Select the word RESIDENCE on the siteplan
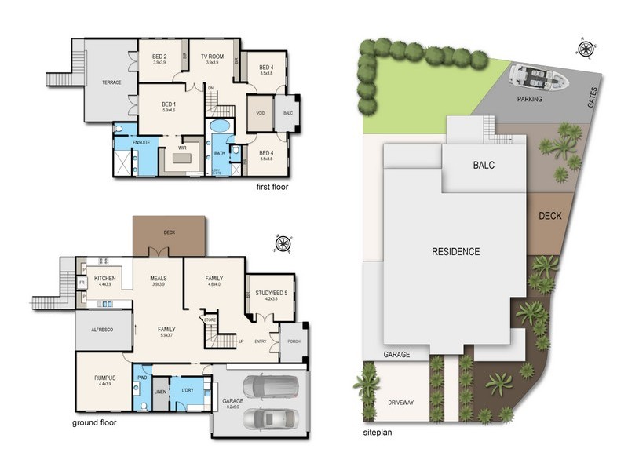pos(455,252)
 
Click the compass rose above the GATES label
pos(585,50)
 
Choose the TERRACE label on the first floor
pos(111,82)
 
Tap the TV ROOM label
pos(212,57)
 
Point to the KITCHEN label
pos(106,279)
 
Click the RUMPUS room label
pos(104,378)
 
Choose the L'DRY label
pos(188,390)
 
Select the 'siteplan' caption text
pos(378,432)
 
